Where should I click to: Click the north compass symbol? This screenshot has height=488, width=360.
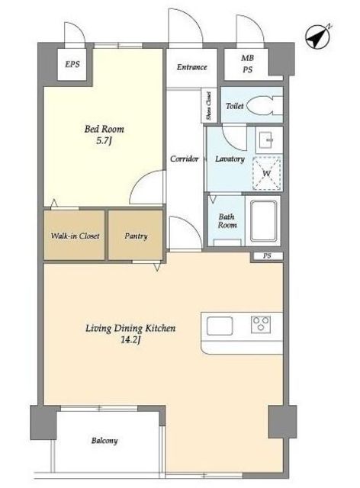(x=317, y=37)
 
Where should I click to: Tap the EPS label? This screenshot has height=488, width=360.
(x=72, y=64)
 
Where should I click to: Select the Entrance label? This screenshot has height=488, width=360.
(x=192, y=67)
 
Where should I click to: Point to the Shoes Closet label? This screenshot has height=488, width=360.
(x=209, y=106)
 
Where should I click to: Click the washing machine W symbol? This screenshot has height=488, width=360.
(x=267, y=173)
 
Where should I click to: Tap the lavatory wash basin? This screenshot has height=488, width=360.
(x=268, y=140)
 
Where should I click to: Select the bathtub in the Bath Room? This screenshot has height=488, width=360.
(x=263, y=220)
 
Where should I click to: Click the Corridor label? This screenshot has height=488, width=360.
(x=184, y=159)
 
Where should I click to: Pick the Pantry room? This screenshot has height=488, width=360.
(x=136, y=235)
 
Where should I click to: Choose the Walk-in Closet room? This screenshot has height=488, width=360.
(x=74, y=235)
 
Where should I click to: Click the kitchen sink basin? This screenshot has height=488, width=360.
(x=220, y=326)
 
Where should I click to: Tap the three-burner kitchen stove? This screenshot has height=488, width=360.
(x=261, y=324)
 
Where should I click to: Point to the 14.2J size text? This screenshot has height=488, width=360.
(x=130, y=340)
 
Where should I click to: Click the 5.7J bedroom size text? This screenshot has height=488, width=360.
(x=104, y=140)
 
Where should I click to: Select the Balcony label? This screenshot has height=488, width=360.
(x=104, y=441)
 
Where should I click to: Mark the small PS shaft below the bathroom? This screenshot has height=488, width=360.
(x=267, y=256)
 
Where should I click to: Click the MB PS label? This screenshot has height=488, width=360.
(x=248, y=64)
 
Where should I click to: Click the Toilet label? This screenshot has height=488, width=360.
(x=234, y=106)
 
